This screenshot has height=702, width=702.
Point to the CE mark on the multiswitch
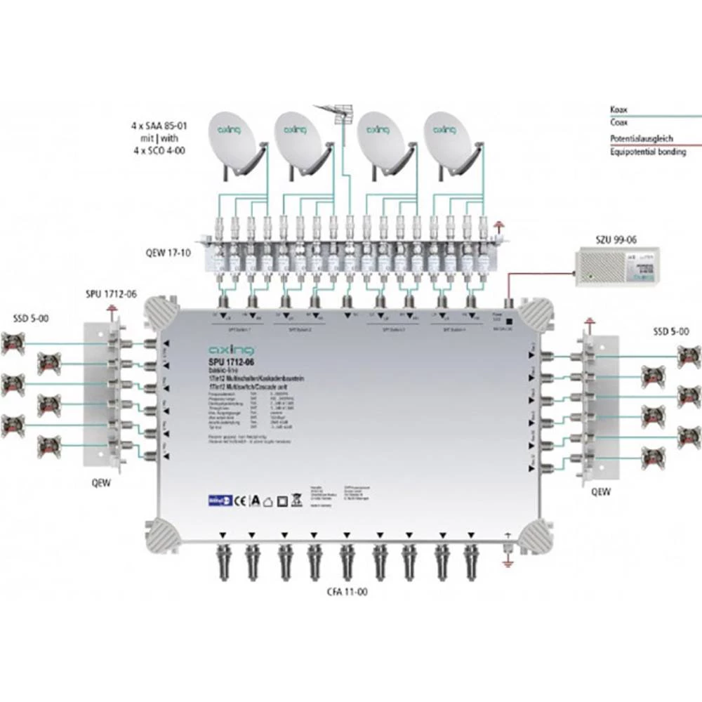point(239,500)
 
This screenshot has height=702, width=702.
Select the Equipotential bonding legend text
point(647,152)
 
